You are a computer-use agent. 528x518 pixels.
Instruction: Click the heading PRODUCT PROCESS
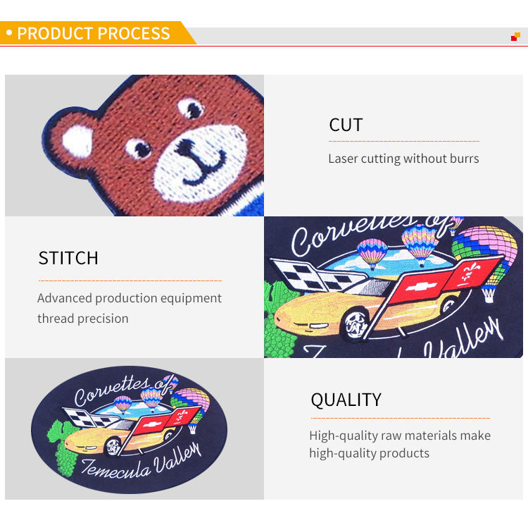[x=94, y=33]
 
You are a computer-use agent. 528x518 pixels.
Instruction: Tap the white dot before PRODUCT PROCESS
[x=9, y=33]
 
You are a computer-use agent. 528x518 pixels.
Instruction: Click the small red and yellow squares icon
[x=515, y=36]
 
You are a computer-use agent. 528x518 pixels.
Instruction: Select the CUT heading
[x=346, y=125]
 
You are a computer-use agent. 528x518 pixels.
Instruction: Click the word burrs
[x=461, y=159]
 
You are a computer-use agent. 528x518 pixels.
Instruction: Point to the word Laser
[x=343, y=159]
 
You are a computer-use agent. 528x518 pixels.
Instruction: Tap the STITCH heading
[x=68, y=258]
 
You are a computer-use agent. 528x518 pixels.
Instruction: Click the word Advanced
[x=65, y=298]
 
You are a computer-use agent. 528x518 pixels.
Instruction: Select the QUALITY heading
[x=346, y=400]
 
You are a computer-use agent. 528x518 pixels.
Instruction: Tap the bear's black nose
[x=187, y=145]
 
